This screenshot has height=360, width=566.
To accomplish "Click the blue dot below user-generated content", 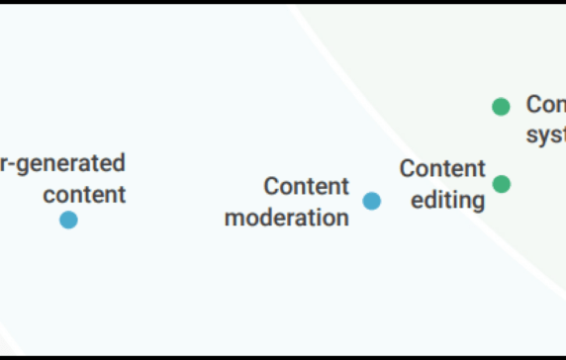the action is click(68, 220).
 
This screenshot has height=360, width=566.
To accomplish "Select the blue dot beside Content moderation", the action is click(371, 201).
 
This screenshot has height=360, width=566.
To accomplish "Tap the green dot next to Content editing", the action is click(502, 183).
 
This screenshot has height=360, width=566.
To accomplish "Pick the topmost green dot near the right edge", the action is click(502, 106).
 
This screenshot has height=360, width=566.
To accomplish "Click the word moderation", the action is click(287, 218).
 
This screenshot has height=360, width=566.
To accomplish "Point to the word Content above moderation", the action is click(307, 186).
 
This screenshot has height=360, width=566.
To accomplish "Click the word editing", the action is click(448, 200).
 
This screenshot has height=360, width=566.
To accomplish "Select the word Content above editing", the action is click(442, 168).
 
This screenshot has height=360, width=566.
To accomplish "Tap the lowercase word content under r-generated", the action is click(84, 194).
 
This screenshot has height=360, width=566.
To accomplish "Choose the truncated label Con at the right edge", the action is click(545, 104).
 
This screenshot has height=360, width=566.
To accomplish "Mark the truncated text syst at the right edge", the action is click(545, 135).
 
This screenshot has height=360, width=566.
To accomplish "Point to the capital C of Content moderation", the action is click(271, 186).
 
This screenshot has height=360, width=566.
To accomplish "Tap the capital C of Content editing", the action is click(407, 168).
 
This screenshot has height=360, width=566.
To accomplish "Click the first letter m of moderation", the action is click(234, 218).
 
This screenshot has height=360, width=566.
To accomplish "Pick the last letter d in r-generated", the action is click(119, 162).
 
